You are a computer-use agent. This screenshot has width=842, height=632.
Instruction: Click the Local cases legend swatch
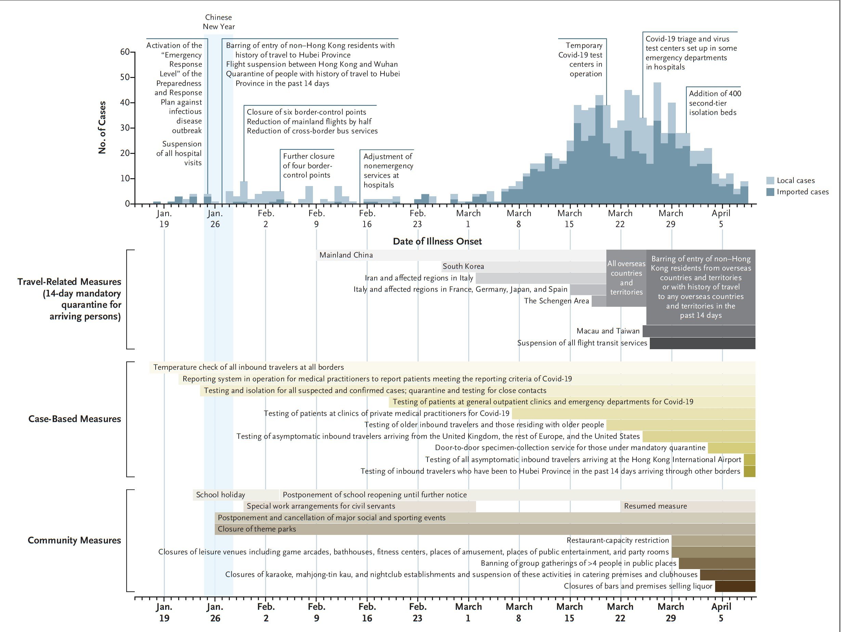pyautogui.click(x=770, y=181)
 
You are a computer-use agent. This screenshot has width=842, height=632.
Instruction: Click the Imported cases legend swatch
pyautogui.click(x=770, y=192)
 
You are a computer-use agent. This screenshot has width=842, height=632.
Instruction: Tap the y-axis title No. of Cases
pyautogui.click(x=102, y=128)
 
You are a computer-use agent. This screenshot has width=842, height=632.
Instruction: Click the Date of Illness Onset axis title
pyautogui.click(x=437, y=241)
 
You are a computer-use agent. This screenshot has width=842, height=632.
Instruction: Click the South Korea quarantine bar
pyautogui.click(x=524, y=266)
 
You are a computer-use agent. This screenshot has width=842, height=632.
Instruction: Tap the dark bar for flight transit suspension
pyautogui.click(x=703, y=343)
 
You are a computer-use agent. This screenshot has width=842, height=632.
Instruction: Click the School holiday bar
pyautogui.click(x=236, y=495)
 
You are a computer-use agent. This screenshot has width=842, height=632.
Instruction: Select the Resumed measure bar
pyautogui.click(x=688, y=506)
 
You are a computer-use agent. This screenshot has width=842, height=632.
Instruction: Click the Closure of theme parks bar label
pyautogui.click(x=257, y=529)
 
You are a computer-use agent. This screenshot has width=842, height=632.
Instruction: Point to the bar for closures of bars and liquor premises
pyautogui.click(x=735, y=586)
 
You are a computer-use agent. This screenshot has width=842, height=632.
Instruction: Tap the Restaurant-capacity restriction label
pyautogui.click(x=617, y=540)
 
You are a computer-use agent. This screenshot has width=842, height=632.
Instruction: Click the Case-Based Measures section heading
pyautogui.click(x=75, y=419)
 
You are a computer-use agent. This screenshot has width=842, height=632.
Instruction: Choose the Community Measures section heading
pyautogui.click(x=74, y=540)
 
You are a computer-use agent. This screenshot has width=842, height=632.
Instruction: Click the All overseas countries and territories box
pyautogui.click(x=627, y=278)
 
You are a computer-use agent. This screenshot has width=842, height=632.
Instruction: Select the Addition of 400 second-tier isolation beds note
pyautogui.click(x=715, y=103)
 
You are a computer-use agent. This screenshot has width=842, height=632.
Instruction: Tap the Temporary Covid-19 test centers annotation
pyautogui.click(x=580, y=60)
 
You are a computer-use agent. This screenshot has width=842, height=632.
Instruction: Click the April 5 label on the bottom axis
pyautogui.click(x=721, y=612)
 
